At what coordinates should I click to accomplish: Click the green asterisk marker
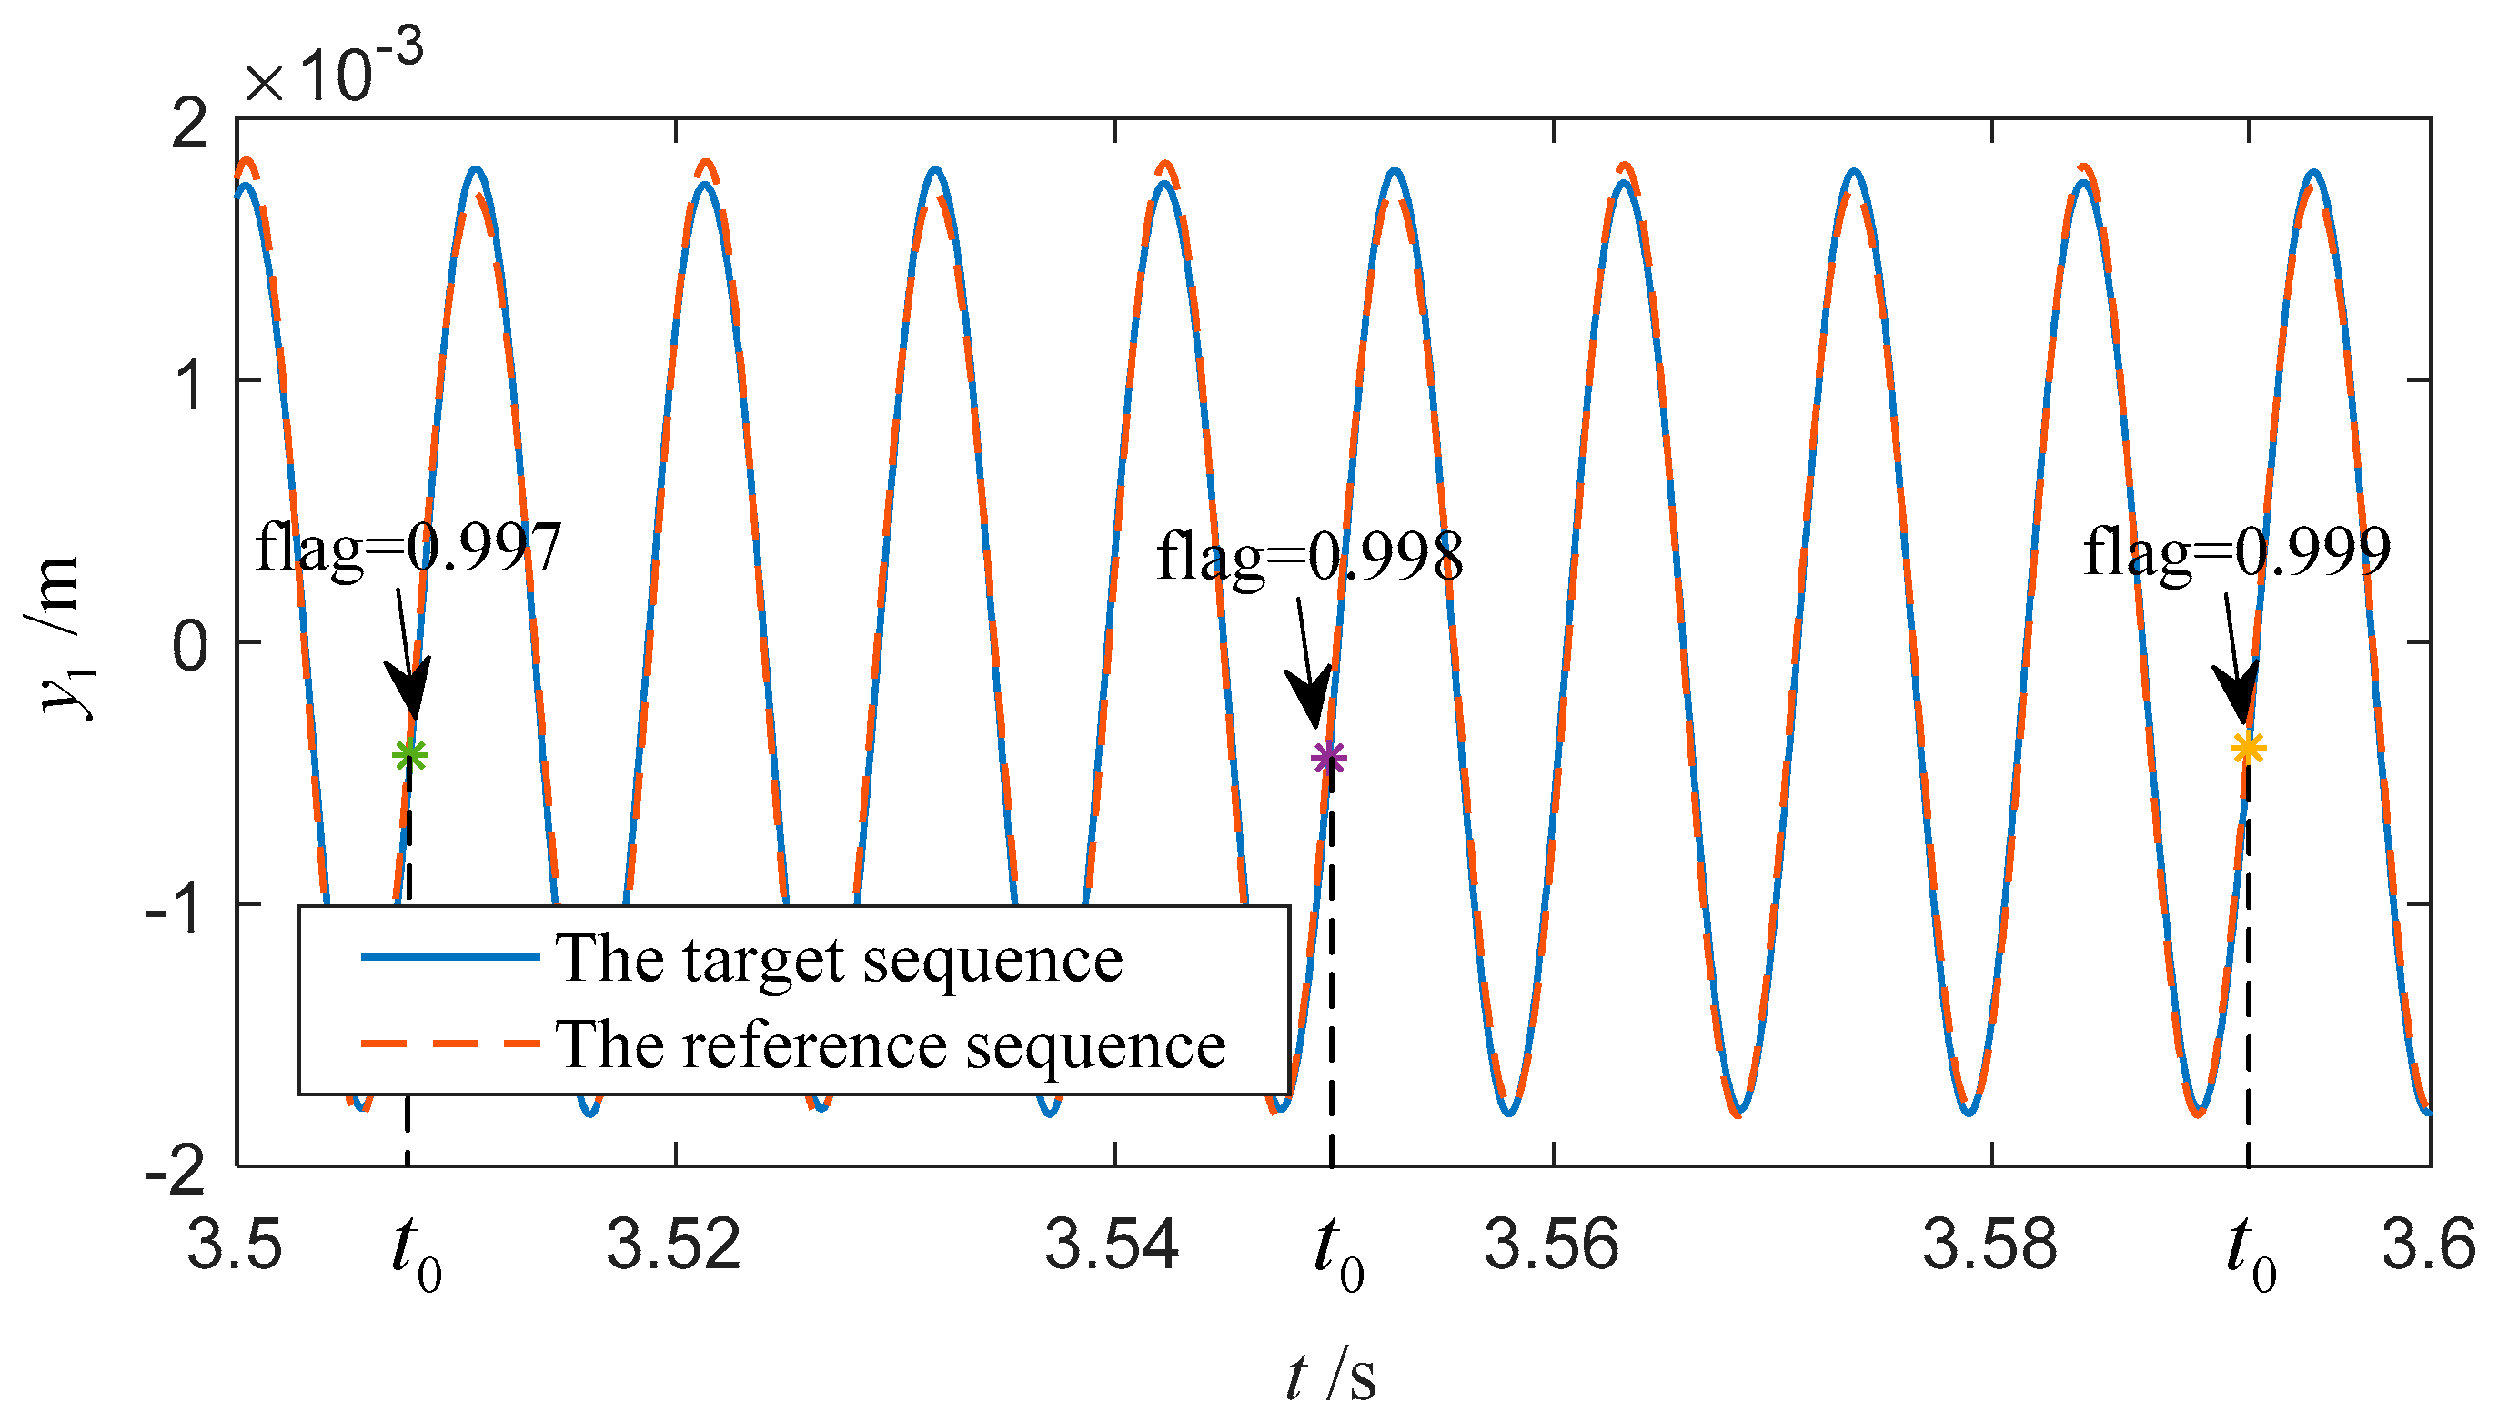[410, 755]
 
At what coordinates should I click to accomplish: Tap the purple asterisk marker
[1328, 758]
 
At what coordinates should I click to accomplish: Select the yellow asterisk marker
[2248, 749]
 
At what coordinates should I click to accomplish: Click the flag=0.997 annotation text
[408, 549]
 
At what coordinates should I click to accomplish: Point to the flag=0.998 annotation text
[1310, 558]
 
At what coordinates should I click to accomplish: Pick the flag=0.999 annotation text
[2236, 553]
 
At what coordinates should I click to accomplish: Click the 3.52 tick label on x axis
[673, 1246]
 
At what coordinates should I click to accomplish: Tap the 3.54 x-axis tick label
[1112, 1246]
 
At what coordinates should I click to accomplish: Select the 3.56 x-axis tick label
[1551, 1246]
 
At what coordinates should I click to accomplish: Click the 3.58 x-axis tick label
[1989, 1246]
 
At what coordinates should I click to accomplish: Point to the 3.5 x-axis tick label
[235, 1246]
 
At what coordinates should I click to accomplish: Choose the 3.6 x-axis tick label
[2429, 1246]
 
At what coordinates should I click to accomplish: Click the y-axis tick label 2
[190, 124]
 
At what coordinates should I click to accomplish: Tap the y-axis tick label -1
[176, 907]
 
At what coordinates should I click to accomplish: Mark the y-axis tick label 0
[190, 646]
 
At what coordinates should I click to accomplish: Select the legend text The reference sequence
[890, 1044]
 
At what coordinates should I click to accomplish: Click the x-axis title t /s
[1330, 1377]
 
